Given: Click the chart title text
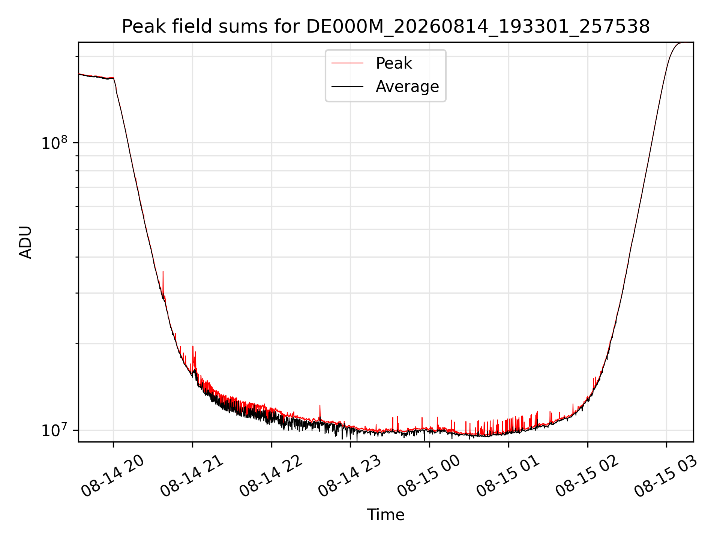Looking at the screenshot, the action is click(385, 27).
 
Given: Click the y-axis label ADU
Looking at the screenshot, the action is click(25, 242).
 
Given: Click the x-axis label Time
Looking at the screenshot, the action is click(385, 515).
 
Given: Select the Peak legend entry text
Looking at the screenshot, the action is click(394, 63).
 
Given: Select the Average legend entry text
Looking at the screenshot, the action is click(407, 87).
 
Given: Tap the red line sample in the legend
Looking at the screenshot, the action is click(347, 63).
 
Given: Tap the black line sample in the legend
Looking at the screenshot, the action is click(347, 87).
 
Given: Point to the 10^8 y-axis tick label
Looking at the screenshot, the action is click(54, 143).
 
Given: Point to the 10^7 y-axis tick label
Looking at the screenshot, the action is click(54, 430).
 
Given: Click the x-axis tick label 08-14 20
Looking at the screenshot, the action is click(113, 477).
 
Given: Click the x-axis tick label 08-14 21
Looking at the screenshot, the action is click(192, 477).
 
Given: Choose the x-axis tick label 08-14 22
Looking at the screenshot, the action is click(271, 477).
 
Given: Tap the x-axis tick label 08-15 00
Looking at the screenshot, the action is click(429, 477).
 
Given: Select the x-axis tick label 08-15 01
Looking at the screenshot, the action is click(508, 477).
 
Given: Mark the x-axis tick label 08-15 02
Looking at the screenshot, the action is click(587, 477).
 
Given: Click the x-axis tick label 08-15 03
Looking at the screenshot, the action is click(666, 477).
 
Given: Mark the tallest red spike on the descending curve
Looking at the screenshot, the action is click(163, 271).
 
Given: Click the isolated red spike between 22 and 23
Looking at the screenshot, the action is click(320, 406).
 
